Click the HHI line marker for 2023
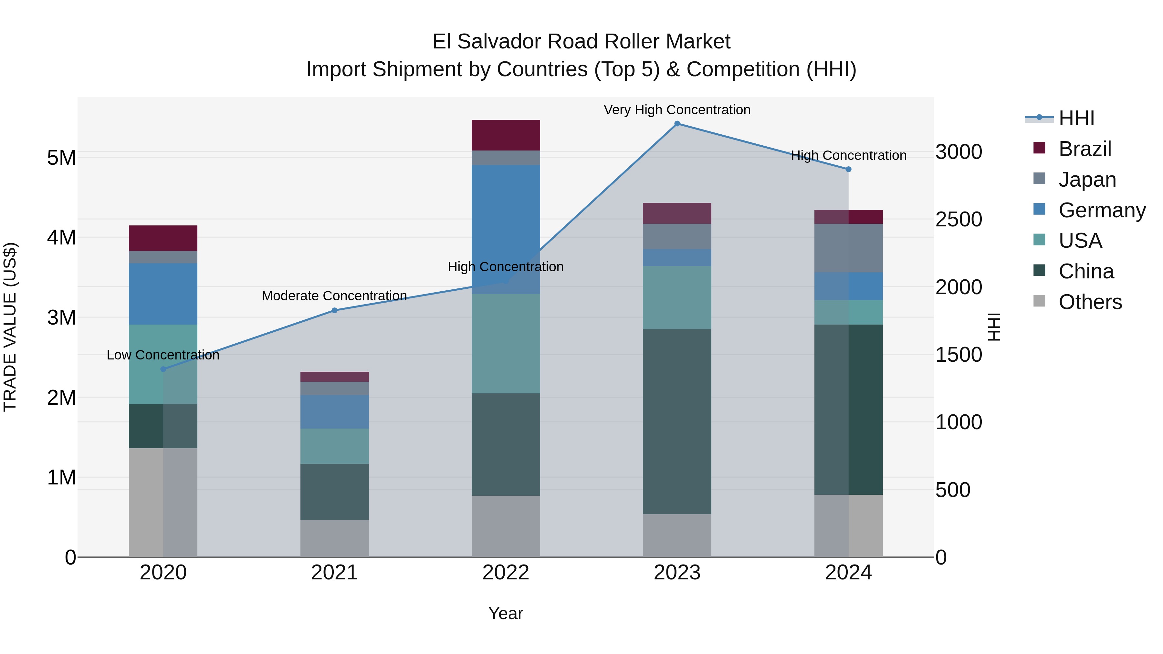677,124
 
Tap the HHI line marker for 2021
335,310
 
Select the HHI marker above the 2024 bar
848,169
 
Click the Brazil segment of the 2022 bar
506,135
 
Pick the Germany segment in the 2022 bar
506,229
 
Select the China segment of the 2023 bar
677,421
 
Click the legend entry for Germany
1102,210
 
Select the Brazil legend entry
1084,149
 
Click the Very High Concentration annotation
677,110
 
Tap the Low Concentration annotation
163,355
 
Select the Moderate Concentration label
335,296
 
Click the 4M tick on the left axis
62,237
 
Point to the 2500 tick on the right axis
958,219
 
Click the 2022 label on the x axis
506,573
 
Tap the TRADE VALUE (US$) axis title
10,327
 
